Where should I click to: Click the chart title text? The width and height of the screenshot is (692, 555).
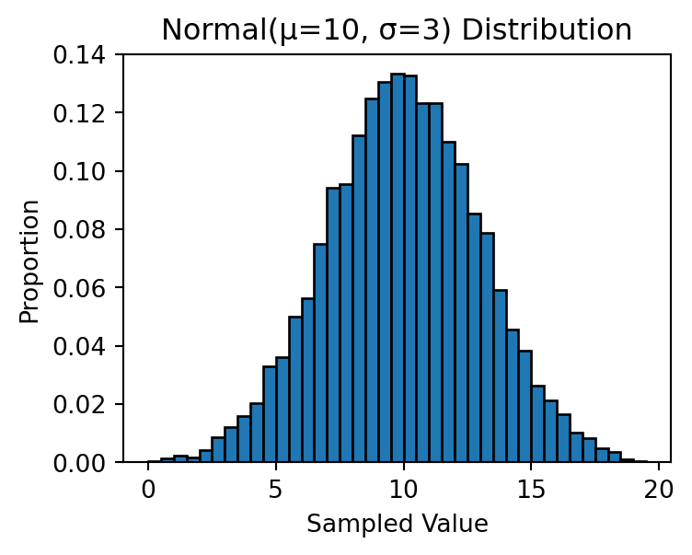coord(397,30)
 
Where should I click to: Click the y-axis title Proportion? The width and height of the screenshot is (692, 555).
coord(30,260)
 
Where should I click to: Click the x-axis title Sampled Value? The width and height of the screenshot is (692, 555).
coord(397,525)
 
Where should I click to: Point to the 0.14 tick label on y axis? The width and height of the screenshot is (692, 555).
coord(79,55)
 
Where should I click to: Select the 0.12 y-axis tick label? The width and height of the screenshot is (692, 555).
coord(79,113)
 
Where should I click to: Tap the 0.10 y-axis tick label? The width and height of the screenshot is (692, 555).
coord(79,171)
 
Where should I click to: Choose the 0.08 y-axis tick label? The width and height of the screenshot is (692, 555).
coord(79,229)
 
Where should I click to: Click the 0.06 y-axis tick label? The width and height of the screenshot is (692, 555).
coord(79,288)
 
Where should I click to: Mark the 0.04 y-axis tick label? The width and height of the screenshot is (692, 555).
coord(79,346)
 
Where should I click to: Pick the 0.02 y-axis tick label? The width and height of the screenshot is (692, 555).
coord(79,404)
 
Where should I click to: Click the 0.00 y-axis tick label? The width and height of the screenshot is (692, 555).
coord(79,462)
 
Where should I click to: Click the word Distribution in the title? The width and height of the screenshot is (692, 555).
coord(547,30)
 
